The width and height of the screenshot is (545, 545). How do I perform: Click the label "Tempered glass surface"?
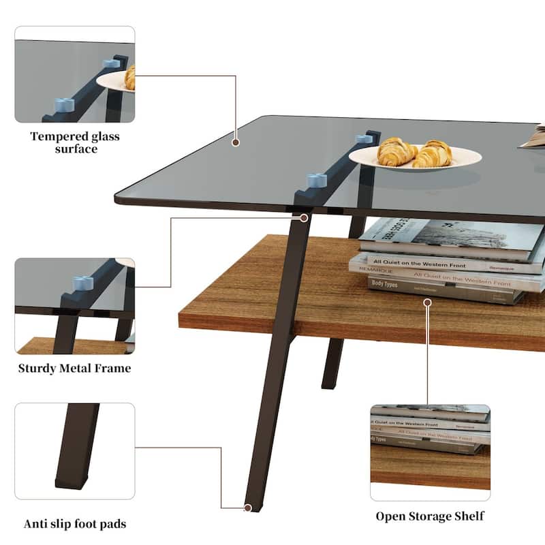point(75,142)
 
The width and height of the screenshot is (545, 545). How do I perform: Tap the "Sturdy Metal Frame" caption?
point(75,369)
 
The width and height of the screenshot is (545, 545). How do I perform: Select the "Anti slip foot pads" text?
point(75,524)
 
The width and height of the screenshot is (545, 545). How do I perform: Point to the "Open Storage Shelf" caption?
point(430,516)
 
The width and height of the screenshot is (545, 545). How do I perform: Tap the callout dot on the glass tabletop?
point(236,142)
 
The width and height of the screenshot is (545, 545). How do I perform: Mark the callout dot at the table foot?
point(248,508)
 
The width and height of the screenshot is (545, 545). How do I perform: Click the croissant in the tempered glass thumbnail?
point(129,77)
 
